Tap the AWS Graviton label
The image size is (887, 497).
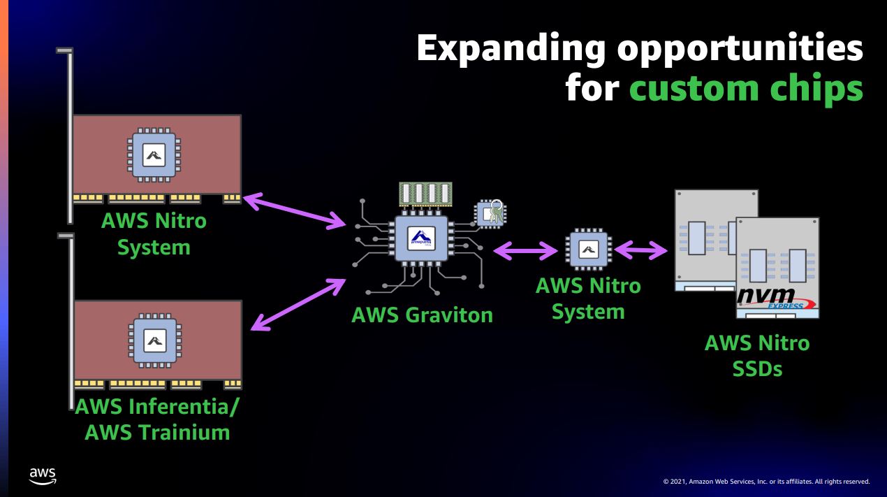click(422, 315)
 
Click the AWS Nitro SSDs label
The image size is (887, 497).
click(757, 355)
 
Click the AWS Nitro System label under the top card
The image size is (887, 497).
click(154, 234)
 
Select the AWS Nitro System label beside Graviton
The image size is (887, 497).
click(587, 298)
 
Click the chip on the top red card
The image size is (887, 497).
click(154, 154)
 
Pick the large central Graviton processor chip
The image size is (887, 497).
click(420, 239)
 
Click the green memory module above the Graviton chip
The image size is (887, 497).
click(425, 194)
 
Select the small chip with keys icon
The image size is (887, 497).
click(491, 213)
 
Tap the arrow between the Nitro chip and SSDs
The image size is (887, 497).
click(640, 249)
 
